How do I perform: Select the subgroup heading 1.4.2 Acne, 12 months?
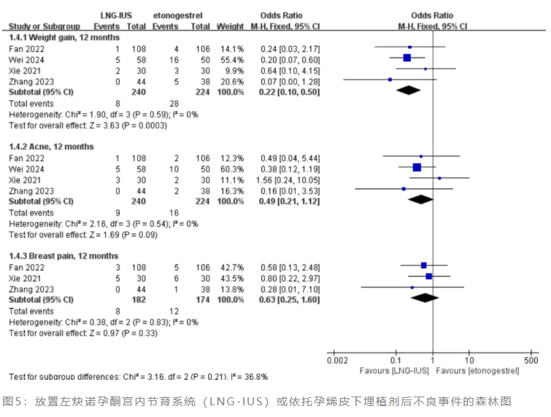pyautogui.click(x=50, y=147)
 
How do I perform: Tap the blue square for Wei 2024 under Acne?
pyautogui.click(x=417, y=167)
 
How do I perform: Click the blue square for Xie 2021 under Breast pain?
pyautogui.click(x=429, y=276)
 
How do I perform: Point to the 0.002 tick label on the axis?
pyautogui.click(x=337, y=360)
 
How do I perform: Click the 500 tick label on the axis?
pyautogui.click(x=531, y=360)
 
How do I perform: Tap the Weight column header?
pyautogui.click(x=231, y=26)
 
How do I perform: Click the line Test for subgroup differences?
pyautogui.click(x=138, y=377)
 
